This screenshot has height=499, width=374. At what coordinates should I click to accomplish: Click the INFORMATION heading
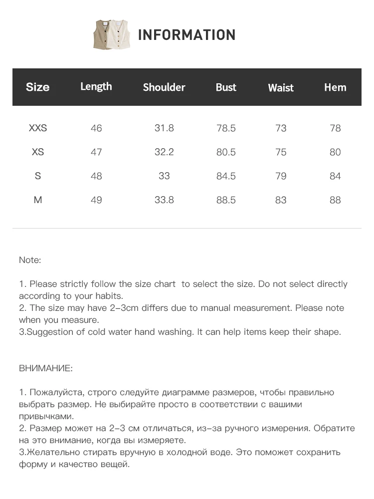coord(187,35)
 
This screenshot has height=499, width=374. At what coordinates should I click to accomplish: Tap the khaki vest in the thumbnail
coord(102,35)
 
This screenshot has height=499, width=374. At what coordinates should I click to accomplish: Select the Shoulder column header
coord(164,87)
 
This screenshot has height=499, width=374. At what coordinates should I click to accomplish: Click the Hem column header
coord(335,87)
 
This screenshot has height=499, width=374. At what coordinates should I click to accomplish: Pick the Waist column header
coord(281,88)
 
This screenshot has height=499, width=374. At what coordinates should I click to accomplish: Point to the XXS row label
coord(38,128)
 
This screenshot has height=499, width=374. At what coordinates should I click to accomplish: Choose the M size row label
coord(38,200)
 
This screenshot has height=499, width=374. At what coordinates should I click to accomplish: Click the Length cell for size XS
coord(96,152)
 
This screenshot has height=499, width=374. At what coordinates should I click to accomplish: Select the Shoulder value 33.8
coord(164,200)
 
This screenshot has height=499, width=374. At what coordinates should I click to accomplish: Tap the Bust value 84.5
coord(226,176)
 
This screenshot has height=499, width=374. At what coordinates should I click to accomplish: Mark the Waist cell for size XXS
coord(281,128)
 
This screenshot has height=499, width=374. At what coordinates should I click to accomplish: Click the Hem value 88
coord(335,200)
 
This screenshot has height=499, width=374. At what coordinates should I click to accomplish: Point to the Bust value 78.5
coord(226,128)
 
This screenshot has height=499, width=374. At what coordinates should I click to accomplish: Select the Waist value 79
coord(281,176)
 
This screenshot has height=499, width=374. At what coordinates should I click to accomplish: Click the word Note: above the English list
coord(30,260)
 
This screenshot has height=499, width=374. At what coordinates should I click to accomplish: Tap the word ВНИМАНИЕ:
coord(46,368)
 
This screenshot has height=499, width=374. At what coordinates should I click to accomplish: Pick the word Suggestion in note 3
coord(49,332)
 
